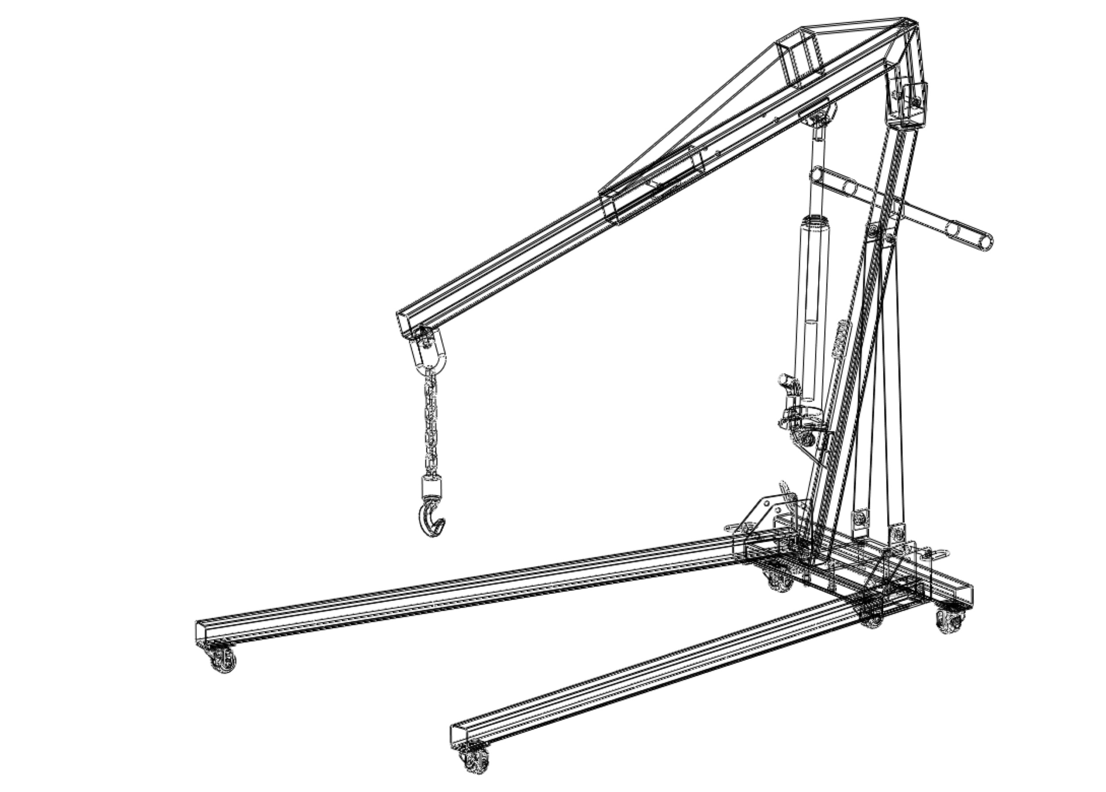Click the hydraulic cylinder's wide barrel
coord(812,302)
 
